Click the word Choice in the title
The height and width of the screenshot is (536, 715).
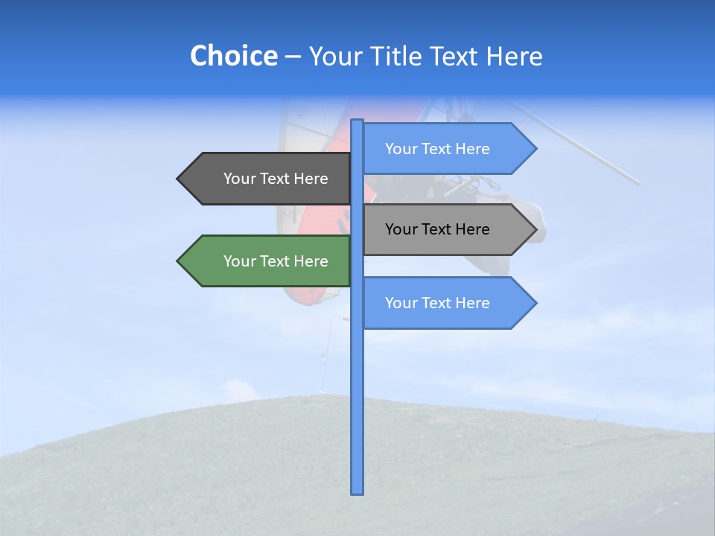(233, 56)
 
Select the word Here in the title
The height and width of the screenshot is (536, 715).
(514, 56)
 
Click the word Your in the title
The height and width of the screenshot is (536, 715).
(334, 56)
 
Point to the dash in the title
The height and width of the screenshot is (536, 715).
(293, 57)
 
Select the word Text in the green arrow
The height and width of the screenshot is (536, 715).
(276, 261)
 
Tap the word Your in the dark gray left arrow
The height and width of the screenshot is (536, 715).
(239, 179)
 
